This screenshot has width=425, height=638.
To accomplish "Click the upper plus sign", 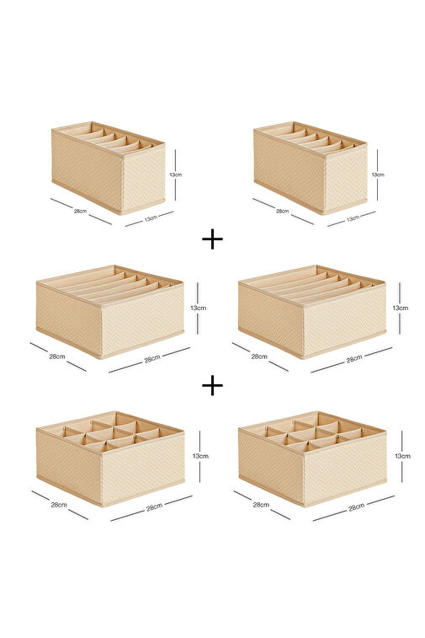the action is pyautogui.click(x=212, y=239).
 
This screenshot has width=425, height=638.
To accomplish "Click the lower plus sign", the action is pyautogui.click(x=212, y=385).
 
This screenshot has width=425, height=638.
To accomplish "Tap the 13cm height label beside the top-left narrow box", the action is pyautogui.click(x=176, y=174).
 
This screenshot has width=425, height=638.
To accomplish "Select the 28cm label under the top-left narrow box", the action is pyautogui.click(x=80, y=211).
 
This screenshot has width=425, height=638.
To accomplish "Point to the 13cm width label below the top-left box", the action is pyautogui.click(x=151, y=218).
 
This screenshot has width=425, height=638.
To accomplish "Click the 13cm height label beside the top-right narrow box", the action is pyautogui.click(x=378, y=174).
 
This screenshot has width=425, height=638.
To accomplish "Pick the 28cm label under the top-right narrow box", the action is pyautogui.click(x=283, y=211).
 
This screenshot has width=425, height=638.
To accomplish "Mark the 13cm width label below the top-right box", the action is pyautogui.click(x=353, y=218).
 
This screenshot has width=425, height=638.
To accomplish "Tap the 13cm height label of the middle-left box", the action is pyautogui.click(x=199, y=308).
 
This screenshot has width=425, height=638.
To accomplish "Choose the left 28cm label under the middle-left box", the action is pyautogui.click(x=57, y=357).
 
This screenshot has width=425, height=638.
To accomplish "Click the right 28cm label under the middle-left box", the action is pyautogui.click(x=152, y=359).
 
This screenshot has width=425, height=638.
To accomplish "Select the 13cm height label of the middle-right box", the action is pyautogui.click(x=401, y=308).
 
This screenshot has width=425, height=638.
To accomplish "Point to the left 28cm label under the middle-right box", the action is pyautogui.click(x=259, y=357).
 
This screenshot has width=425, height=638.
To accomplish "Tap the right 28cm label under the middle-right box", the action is pyautogui.click(x=354, y=359).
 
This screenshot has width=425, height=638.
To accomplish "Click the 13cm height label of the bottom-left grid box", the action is pyautogui.click(x=200, y=456).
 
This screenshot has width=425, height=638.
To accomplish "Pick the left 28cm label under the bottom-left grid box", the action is pyautogui.click(x=59, y=505).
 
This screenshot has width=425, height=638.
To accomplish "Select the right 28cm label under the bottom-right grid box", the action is pyautogui.click(x=356, y=507).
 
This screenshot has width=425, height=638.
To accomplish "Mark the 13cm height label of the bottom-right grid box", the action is pyautogui.click(x=402, y=456).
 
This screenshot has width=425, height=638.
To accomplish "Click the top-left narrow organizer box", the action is pyautogui.click(x=108, y=168).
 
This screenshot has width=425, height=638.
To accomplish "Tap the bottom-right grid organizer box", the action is pyautogui.click(x=312, y=458).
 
